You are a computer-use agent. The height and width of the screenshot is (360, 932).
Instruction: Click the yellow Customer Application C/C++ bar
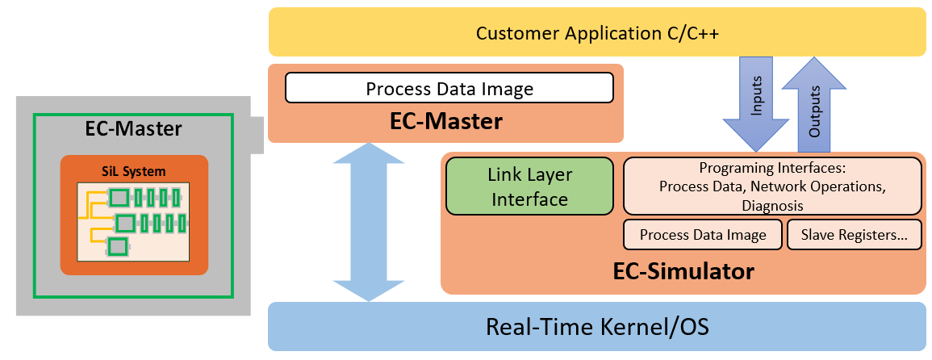596,33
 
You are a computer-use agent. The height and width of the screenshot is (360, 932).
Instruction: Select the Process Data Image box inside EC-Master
449,88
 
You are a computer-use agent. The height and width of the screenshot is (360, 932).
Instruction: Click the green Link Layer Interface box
530,186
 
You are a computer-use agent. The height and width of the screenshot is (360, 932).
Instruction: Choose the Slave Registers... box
854,235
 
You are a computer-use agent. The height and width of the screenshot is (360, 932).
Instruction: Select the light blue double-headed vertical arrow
369,222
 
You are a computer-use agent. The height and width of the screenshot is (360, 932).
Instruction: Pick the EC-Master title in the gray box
133,129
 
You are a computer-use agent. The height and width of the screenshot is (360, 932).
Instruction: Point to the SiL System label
134,171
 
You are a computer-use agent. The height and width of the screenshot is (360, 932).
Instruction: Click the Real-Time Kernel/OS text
596,327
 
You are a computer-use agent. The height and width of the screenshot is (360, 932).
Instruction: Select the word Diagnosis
772,205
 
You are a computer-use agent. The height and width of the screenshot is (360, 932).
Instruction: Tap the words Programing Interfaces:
772,169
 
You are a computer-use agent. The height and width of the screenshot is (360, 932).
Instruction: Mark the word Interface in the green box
530,199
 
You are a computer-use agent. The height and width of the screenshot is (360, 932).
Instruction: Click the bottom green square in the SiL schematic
118,245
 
